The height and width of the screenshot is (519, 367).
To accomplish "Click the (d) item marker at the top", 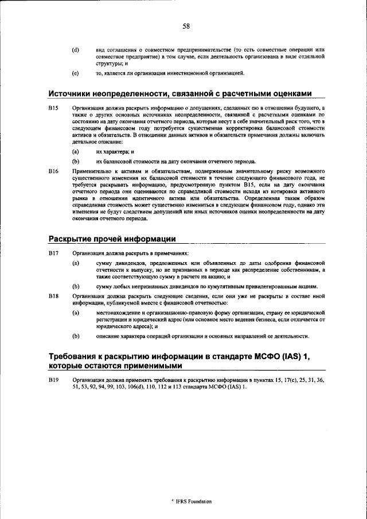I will (x=75, y=50).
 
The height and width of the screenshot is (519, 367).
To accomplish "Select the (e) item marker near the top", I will (x=75, y=73).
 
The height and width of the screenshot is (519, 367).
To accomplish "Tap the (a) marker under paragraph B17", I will (x=75, y=263).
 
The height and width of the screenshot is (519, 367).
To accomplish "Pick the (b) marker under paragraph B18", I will (x=75, y=336).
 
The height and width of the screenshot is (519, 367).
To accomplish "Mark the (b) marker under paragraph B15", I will (x=75, y=162).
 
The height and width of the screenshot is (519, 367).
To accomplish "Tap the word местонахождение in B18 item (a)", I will (x=119, y=313).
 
